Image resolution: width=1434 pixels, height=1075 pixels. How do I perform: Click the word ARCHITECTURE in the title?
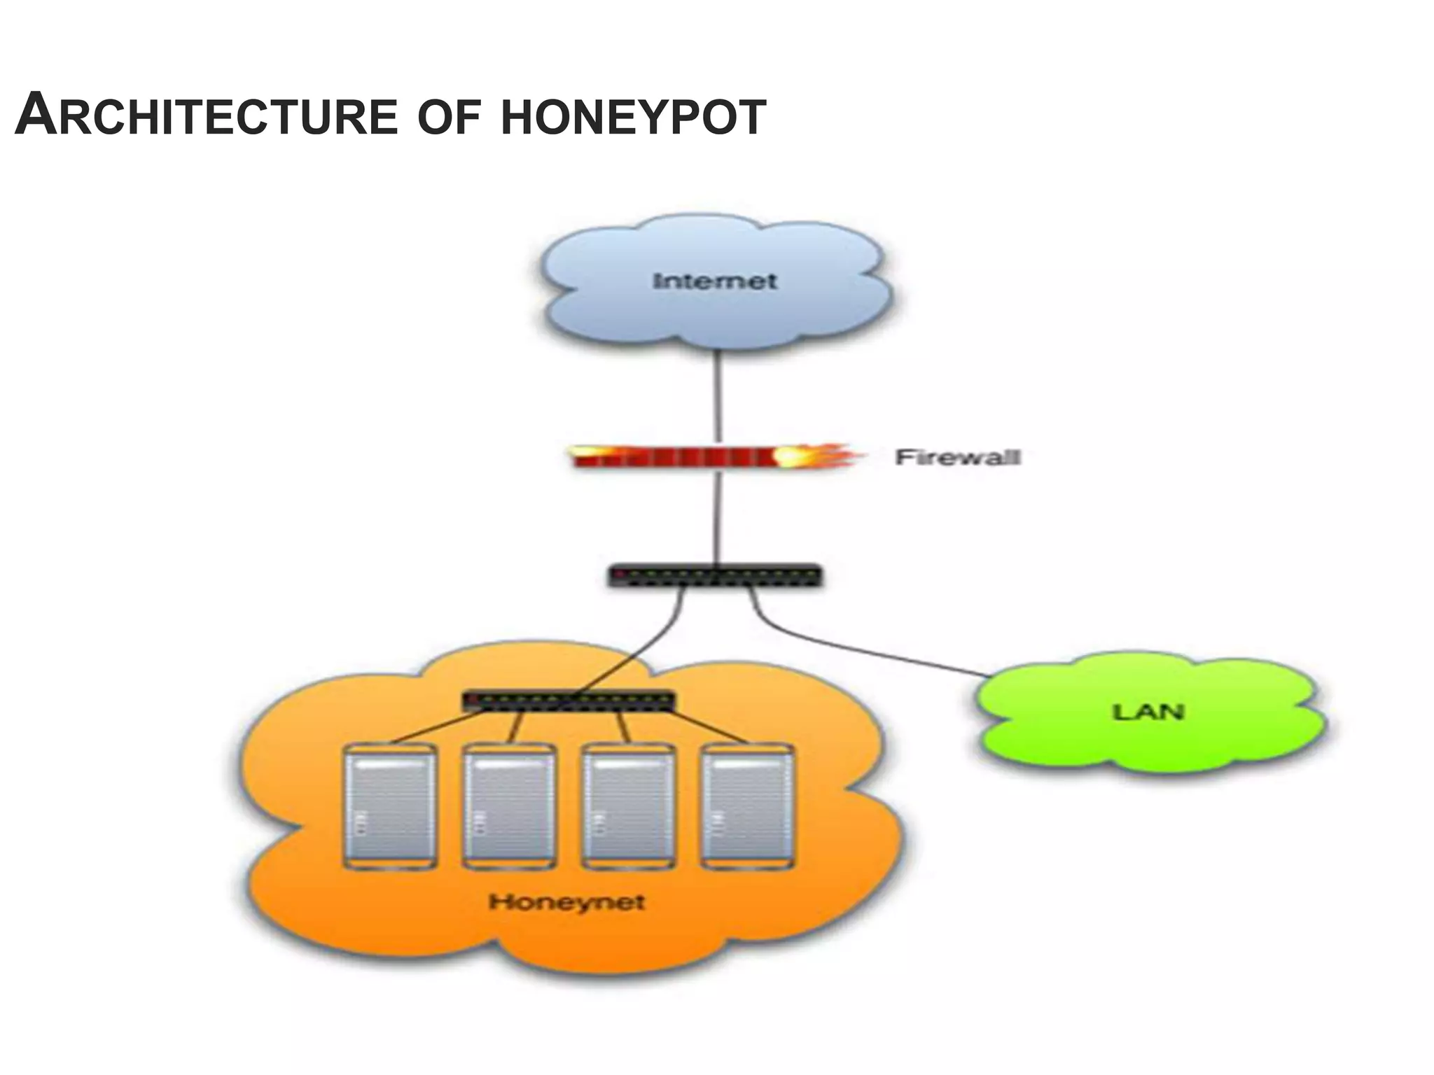[x=207, y=115]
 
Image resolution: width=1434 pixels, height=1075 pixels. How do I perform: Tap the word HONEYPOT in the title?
[x=634, y=117]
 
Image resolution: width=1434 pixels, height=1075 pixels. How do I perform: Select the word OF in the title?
[x=449, y=117]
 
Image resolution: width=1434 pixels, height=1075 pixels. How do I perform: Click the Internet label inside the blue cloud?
[x=714, y=281]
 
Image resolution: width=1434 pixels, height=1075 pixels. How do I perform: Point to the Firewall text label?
[x=957, y=457]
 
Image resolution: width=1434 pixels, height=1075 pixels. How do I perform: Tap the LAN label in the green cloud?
[x=1148, y=712]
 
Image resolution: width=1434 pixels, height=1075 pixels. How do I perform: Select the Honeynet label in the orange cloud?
[x=566, y=901]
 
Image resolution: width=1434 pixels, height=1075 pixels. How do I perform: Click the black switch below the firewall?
[x=714, y=576]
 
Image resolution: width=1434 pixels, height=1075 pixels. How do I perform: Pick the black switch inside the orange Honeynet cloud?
[x=569, y=700]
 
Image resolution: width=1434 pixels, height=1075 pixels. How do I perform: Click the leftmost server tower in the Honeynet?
[x=389, y=806]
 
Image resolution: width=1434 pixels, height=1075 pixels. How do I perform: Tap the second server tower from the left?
[x=509, y=806]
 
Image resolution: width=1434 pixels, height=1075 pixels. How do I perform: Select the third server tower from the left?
[x=628, y=806]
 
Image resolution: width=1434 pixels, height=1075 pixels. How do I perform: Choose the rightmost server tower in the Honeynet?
[x=747, y=806]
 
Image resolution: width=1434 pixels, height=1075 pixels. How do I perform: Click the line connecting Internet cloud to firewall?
[x=716, y=395]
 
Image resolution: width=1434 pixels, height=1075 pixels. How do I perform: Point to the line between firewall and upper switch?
[x=716, y=518]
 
